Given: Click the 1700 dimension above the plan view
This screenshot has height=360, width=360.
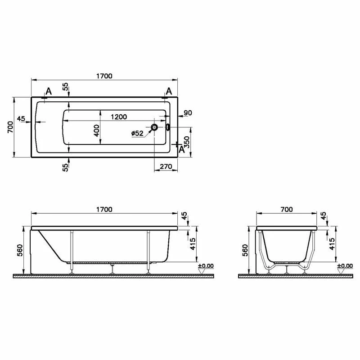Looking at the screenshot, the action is coord(104,76).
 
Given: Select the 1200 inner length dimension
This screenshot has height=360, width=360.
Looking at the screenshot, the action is coord(119,117).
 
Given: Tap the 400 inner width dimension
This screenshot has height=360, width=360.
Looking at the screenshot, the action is coord(97,130).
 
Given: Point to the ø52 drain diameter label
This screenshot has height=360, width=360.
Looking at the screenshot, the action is coord(137,133).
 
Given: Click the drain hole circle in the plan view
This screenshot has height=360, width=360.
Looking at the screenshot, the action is coord(154,127).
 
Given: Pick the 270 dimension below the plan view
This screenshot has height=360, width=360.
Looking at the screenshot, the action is coord(166,166).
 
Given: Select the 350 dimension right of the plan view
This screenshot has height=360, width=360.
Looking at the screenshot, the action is coord(187,142).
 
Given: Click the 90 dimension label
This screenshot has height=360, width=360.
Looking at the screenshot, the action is coord(188,113).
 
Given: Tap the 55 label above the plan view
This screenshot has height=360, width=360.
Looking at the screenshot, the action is coord(66,86).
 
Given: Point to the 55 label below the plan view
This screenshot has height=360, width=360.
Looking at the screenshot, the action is coord(66,167).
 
